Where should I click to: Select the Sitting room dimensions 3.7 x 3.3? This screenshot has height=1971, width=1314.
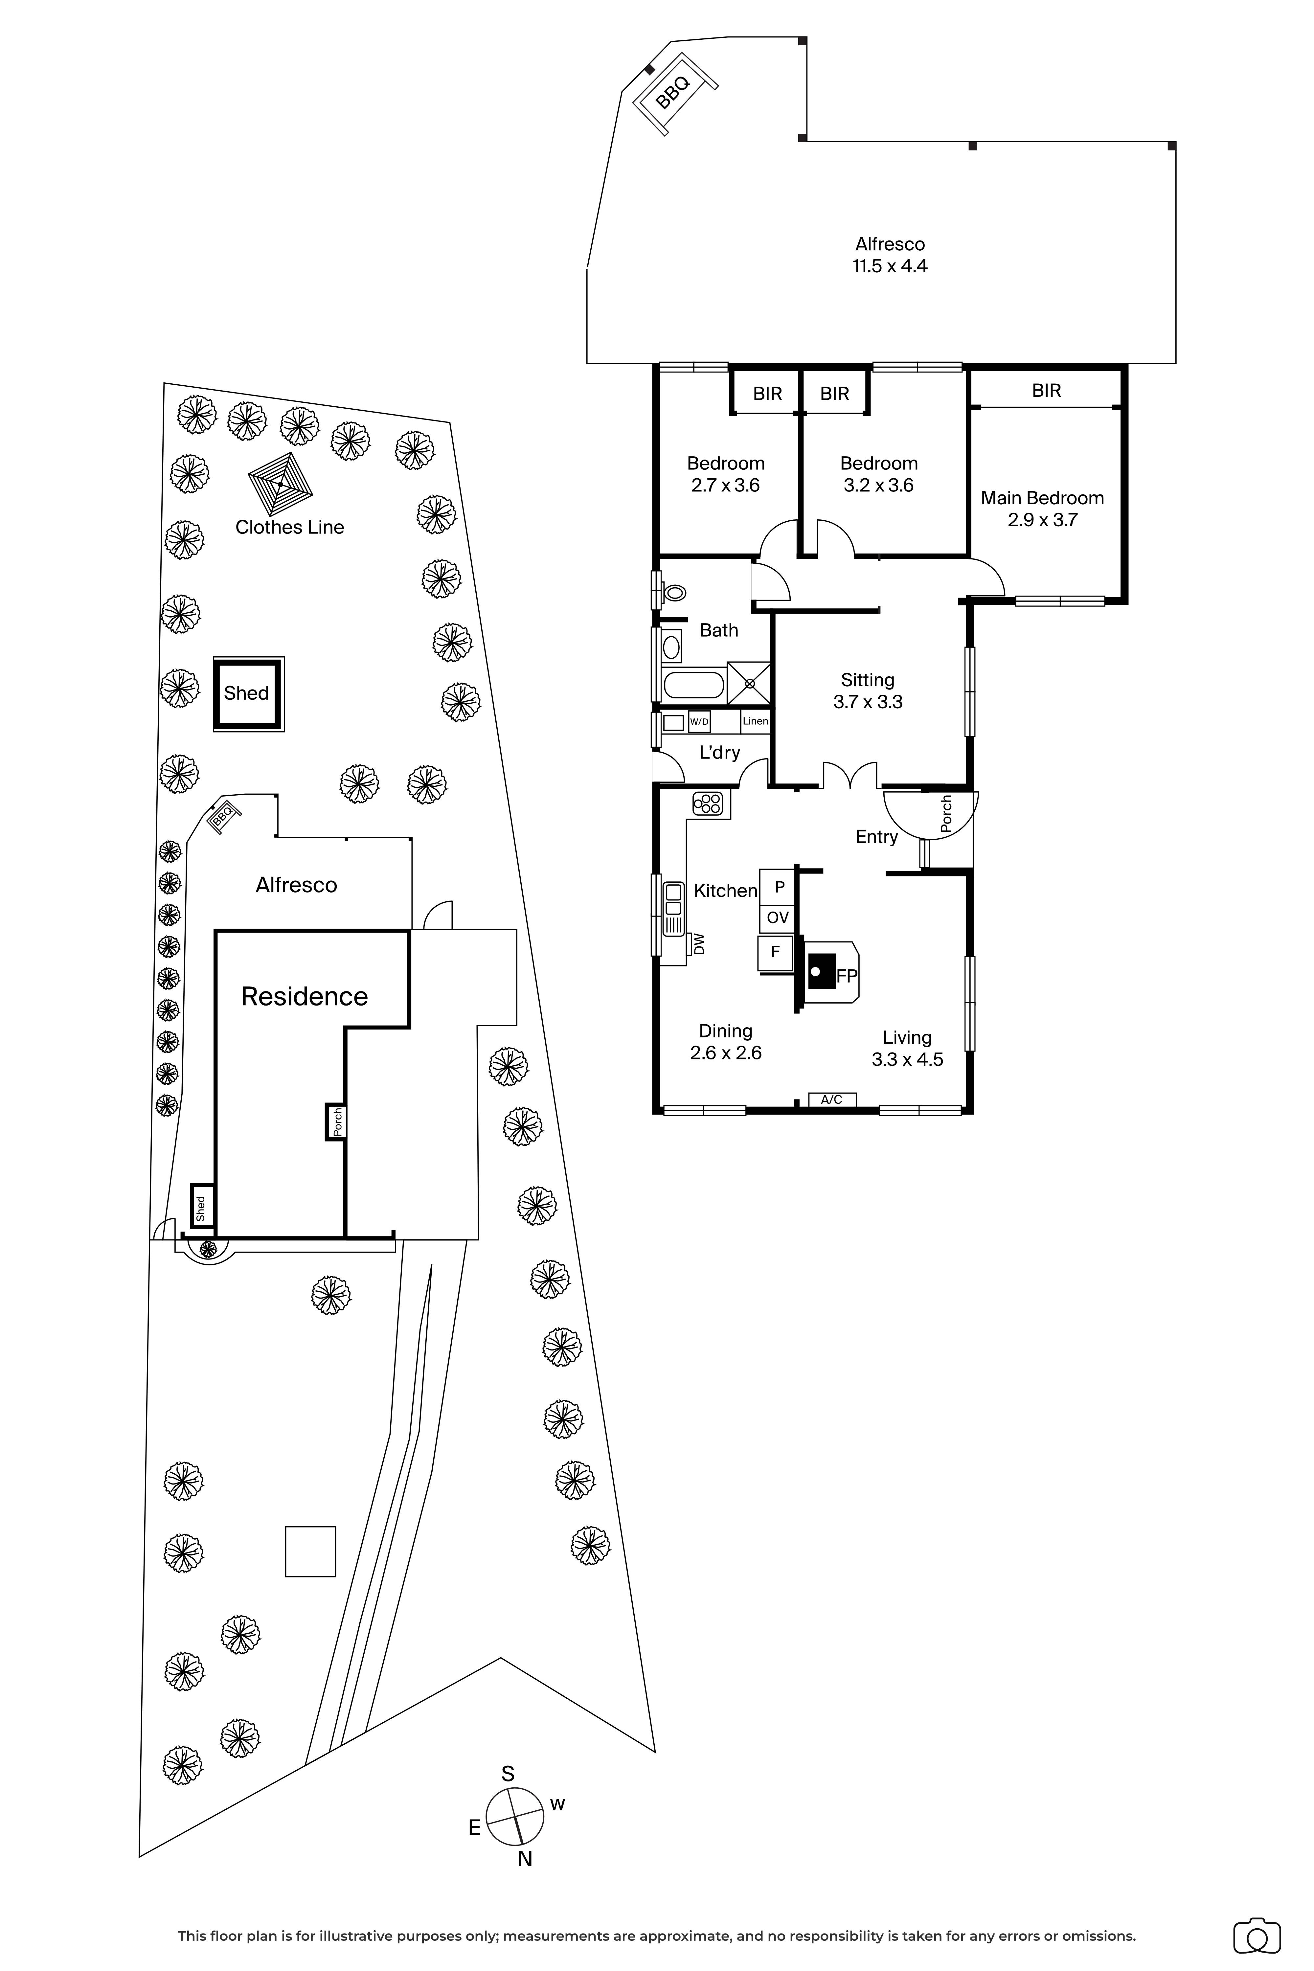(x=867, y=702)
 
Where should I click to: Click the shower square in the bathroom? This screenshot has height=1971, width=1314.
(x=749, y=683)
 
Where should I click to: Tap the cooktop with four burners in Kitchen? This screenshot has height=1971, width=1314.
(x=708, y=804)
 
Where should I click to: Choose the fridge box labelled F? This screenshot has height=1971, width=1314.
(x=775, y=951)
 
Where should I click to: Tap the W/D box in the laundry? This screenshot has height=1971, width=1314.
(x=699, y=721)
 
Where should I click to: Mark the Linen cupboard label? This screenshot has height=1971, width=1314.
(x=755, y=721)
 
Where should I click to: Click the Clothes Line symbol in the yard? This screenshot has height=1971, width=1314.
(x=281, y=484)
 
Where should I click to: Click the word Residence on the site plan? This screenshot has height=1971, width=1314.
(x=304, y=996)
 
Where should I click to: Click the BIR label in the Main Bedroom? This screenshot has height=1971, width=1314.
(x=1046, y=391)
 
